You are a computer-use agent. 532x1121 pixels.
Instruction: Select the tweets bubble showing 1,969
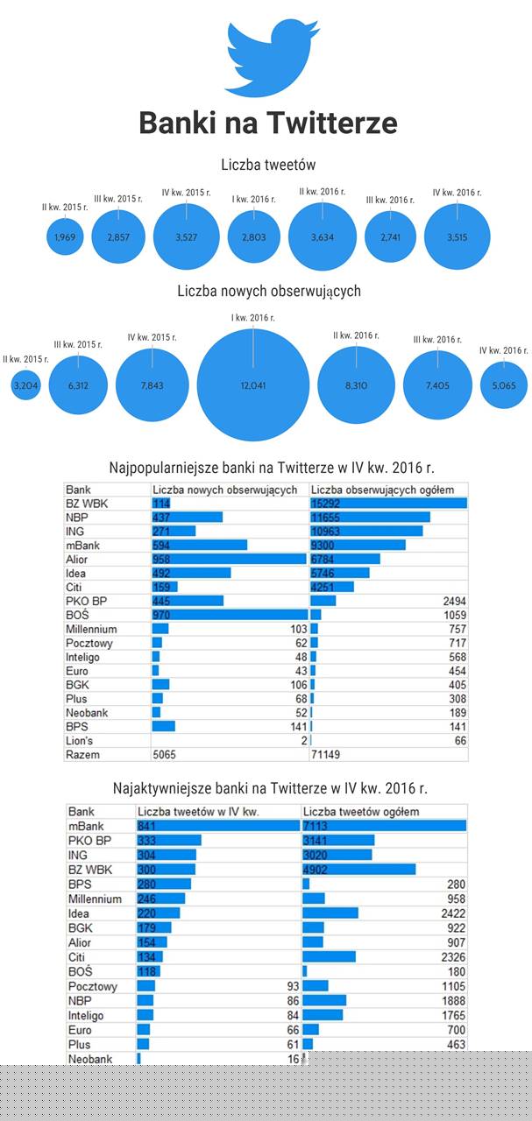pos(63,237)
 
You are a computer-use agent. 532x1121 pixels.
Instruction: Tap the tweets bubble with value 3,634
pos(323,236)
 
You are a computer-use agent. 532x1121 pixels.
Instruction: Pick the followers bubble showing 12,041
pos(253,384)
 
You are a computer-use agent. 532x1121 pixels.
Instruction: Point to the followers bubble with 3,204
pos(26,384)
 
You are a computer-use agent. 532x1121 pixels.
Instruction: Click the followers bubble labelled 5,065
pos(504,384)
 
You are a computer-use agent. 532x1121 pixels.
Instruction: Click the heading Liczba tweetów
pos(268,165)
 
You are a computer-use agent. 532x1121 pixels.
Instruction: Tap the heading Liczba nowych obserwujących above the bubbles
pos(268,291)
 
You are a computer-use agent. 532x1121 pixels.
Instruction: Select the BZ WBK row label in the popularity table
pos(84,503)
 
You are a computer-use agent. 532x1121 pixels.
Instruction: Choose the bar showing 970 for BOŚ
pos(229,615)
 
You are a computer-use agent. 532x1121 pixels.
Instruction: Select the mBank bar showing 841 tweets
pos(218,826)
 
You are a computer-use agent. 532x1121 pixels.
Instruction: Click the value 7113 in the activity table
pos(317,826)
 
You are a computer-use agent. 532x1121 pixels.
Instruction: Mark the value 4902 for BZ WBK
pos(317,869)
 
